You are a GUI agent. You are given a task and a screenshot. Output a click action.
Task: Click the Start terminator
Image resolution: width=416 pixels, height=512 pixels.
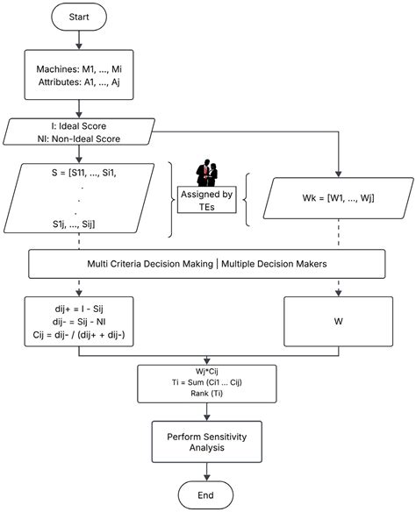(x=80, y=17)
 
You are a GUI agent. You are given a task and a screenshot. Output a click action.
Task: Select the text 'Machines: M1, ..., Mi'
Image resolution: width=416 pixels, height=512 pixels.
(x=80, y=68)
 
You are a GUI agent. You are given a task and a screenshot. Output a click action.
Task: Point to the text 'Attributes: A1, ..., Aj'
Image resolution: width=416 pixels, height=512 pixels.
(x=80, y=83)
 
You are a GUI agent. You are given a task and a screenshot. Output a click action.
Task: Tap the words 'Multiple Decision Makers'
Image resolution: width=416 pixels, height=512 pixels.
(x=274, y=264)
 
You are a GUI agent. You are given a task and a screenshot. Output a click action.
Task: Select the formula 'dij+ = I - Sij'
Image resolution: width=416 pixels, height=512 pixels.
(x=79, y=309)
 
